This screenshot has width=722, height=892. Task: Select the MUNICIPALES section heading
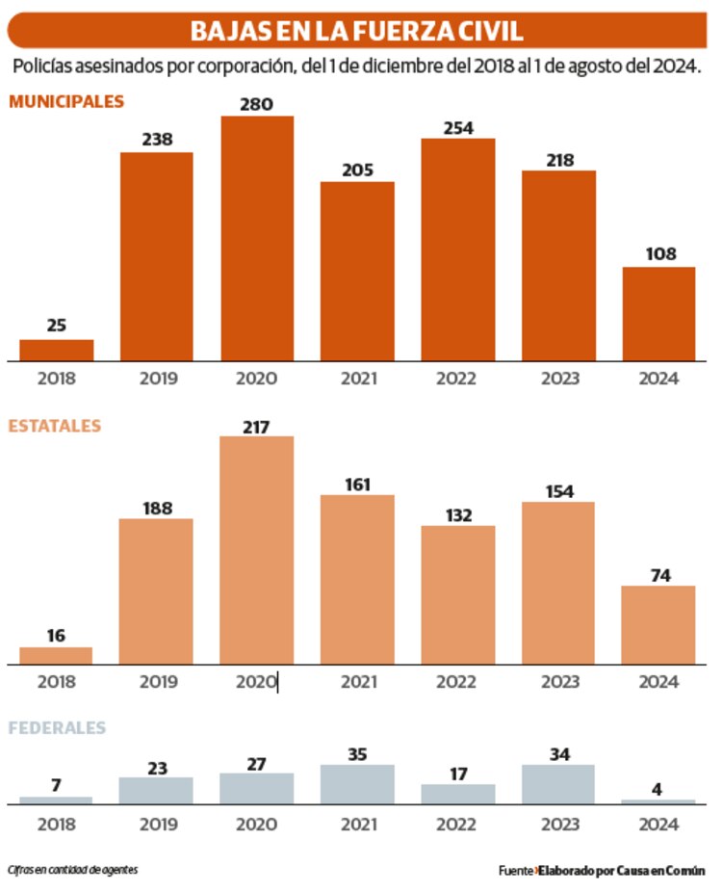[66, 100]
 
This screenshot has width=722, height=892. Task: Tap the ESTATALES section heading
[55, 426]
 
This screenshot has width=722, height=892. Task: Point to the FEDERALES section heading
[57, 728]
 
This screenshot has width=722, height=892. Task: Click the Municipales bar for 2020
[257, 239]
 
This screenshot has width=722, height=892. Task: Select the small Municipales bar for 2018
[57, 351]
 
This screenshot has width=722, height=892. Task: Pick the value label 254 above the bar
[457, 127]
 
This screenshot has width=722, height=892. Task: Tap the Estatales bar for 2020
[257, 550]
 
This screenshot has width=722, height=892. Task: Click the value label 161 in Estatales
[357, 484]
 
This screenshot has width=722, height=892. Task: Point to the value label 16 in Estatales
[57, 636]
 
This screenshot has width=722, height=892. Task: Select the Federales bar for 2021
[357, 784]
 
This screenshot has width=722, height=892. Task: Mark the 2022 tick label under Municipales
[457, 379]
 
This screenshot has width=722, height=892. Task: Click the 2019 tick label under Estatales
[157, 682]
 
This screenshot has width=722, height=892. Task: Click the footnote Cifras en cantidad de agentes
[72, 869]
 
